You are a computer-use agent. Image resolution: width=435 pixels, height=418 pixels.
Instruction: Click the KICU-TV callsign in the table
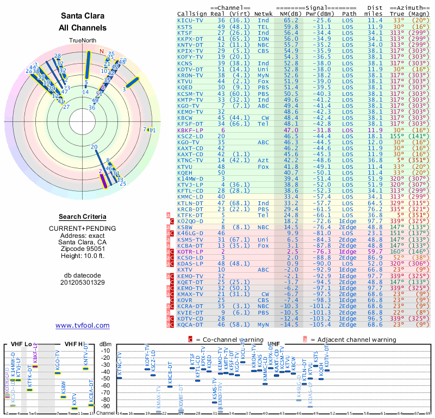pos(190,20)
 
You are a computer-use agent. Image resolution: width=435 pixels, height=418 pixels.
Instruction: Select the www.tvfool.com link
pos(83,325)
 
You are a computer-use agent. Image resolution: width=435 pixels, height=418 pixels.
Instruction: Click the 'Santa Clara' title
pos(83,16)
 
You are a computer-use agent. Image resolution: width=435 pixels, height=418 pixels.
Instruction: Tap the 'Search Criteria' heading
pos(83,217)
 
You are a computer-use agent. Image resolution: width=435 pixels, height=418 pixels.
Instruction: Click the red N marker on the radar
pos(102,51)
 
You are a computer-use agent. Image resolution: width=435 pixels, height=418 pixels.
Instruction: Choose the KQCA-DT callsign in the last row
pos(190,324)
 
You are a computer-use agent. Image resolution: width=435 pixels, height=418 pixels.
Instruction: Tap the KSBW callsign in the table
pos(184,227)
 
